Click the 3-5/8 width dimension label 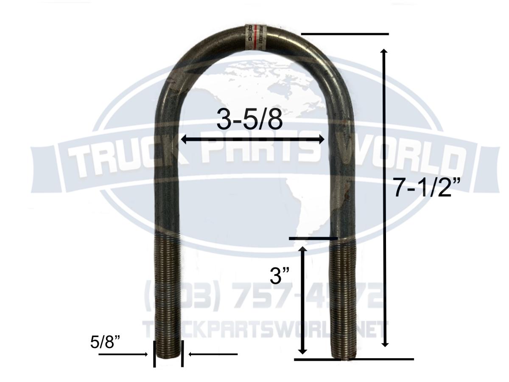click(249, 120)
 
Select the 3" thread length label click(282, 277)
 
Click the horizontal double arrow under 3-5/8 click(252, 139)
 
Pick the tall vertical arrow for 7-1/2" click(385, 198)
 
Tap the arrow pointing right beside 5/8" click(123, 354)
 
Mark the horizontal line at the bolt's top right click(344, 34)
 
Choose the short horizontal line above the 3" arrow click(313, 239)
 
